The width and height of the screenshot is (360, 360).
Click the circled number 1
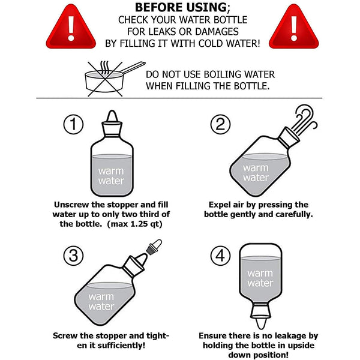[73, 124]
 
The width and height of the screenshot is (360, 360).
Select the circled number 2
[220, 124]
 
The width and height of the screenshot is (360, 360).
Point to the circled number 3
[73, 256]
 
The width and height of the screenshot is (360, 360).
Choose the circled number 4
[220, 256]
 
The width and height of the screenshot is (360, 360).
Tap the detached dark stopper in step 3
[154, 247]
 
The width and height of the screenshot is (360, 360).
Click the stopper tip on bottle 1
[112, 116]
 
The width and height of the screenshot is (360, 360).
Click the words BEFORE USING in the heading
[181, 7]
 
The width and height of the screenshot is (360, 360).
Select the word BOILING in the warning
[222, 74]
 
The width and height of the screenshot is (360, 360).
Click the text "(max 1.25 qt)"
[135, 224]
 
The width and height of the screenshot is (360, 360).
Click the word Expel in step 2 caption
[219, 205]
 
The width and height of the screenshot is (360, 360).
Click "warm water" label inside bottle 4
[260, 278]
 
